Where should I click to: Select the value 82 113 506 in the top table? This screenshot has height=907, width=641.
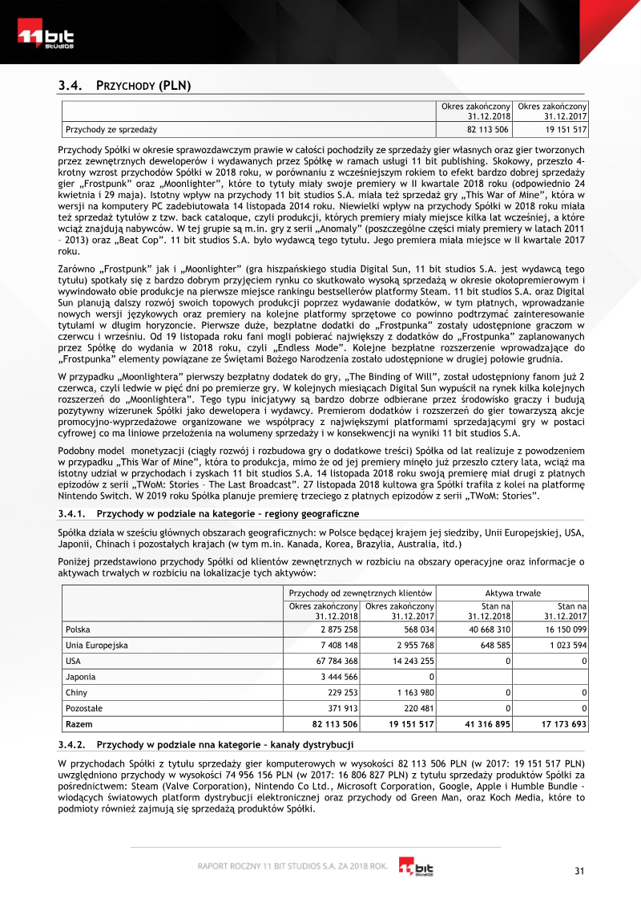(487, 129)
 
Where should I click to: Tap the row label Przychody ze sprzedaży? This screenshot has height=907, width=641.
(111, 129)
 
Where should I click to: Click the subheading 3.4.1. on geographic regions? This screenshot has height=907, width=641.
(214, 512)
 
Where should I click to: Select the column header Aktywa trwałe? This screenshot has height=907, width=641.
(513, 592)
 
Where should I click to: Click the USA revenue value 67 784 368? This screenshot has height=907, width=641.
(334, 661)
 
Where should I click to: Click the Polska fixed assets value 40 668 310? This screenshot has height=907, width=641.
(487, 630)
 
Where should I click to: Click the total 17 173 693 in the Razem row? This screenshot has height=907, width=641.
(563, 724)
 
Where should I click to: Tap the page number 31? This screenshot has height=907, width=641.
(581, 872)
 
